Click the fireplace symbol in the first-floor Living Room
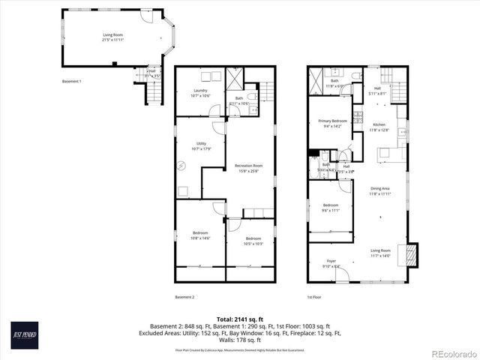click(x=409, y=255)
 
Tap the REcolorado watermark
click(x=451, y=353)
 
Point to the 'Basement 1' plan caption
click(x=71, y=81)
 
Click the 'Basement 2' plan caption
click(x=184, y=298)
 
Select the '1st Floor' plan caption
click(x=315, y=298)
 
